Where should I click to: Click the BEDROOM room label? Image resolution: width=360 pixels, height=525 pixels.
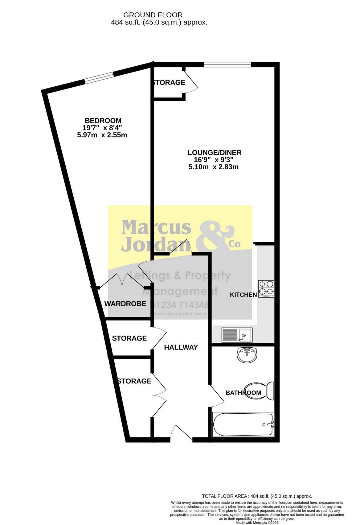[x=103, y=121]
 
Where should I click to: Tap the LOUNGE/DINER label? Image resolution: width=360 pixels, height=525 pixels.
[x=215, y=153]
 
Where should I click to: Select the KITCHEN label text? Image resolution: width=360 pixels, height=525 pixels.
[x=243, y=295]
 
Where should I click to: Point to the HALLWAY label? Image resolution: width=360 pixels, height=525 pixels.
[x=181, y=347]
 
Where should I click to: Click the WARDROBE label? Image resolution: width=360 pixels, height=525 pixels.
[x=125, y=304]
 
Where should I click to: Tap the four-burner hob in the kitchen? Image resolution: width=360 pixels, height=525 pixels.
[x=266, y=289]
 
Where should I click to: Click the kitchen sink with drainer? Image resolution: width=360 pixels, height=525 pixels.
[x=237, y=334]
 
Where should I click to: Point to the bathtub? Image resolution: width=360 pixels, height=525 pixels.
[x=243, y=424]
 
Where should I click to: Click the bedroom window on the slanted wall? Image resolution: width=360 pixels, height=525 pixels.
[x=99, y=78]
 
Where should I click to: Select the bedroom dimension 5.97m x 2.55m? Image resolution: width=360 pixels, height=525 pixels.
[x=102, y=135]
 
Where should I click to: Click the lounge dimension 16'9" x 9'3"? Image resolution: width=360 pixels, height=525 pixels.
[x=214, y=160]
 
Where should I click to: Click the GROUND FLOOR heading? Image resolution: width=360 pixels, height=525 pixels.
[x=153, y=15]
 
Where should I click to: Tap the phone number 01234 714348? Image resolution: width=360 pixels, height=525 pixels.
[x=180, y=305]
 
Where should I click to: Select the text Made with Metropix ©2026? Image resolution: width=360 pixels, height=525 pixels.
[x=257, y=523]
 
